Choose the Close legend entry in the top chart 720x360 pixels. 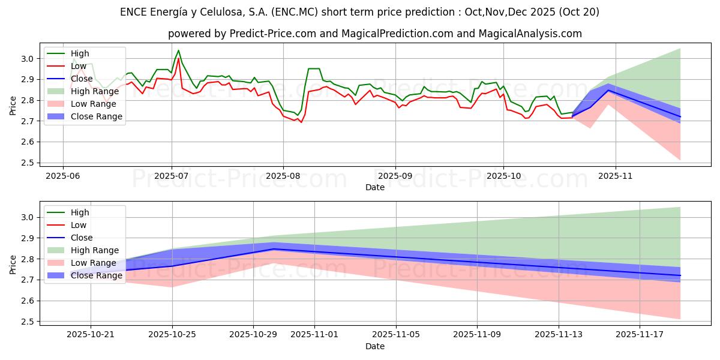82,79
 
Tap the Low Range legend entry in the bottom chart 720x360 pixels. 93,263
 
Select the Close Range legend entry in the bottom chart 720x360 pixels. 96,275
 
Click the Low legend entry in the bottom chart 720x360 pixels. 78,225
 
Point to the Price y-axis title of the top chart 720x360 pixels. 13,106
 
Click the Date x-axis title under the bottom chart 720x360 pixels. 374,346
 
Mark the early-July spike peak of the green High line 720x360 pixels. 178,50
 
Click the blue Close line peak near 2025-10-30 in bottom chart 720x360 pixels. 274,248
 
